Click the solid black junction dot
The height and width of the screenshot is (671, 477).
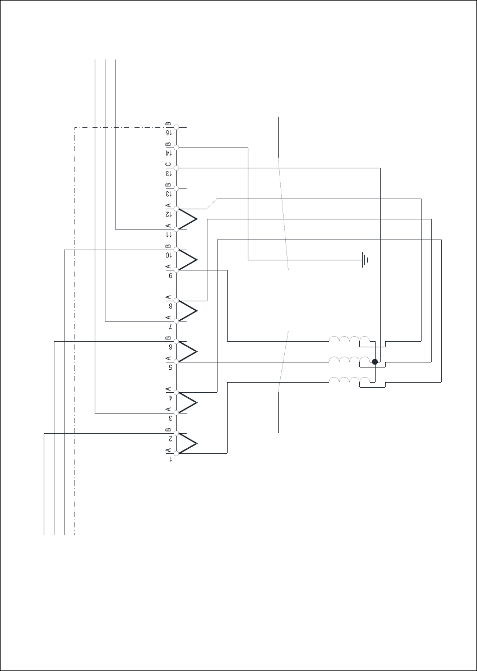coord(375,362)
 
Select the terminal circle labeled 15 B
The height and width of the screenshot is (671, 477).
coord(176,128)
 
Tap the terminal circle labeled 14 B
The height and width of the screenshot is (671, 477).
coord(176,148)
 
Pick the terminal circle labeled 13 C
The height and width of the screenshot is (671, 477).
coord(176,167)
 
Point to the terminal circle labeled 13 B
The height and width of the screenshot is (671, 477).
coord(176,187)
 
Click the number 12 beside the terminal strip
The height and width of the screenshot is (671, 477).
coord(168,215)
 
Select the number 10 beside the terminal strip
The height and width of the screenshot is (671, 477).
coord(168,255)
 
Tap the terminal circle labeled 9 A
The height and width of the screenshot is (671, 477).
coord(176,270)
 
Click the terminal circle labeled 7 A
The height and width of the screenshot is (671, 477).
coord(176,321)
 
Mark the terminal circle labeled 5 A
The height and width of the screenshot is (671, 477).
coord(176,362)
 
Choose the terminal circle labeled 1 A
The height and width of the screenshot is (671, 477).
coord(176,453)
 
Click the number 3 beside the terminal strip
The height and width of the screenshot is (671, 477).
coord(168,418)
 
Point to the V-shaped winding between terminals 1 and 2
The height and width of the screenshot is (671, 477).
coord(188,443)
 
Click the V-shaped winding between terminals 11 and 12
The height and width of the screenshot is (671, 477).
coord(188,218)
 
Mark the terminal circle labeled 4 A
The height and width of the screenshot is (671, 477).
coord(176,392)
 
